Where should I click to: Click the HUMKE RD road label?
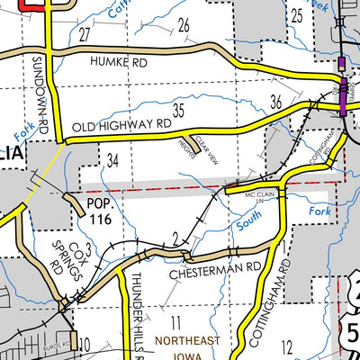[x=118, y=61]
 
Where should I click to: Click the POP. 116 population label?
[x=99, y=211]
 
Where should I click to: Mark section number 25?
[x=296, y=14]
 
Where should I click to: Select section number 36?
[x=277, y=101]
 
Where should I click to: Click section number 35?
[x=179, y=111]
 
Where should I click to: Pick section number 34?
[x=112, y=160]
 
